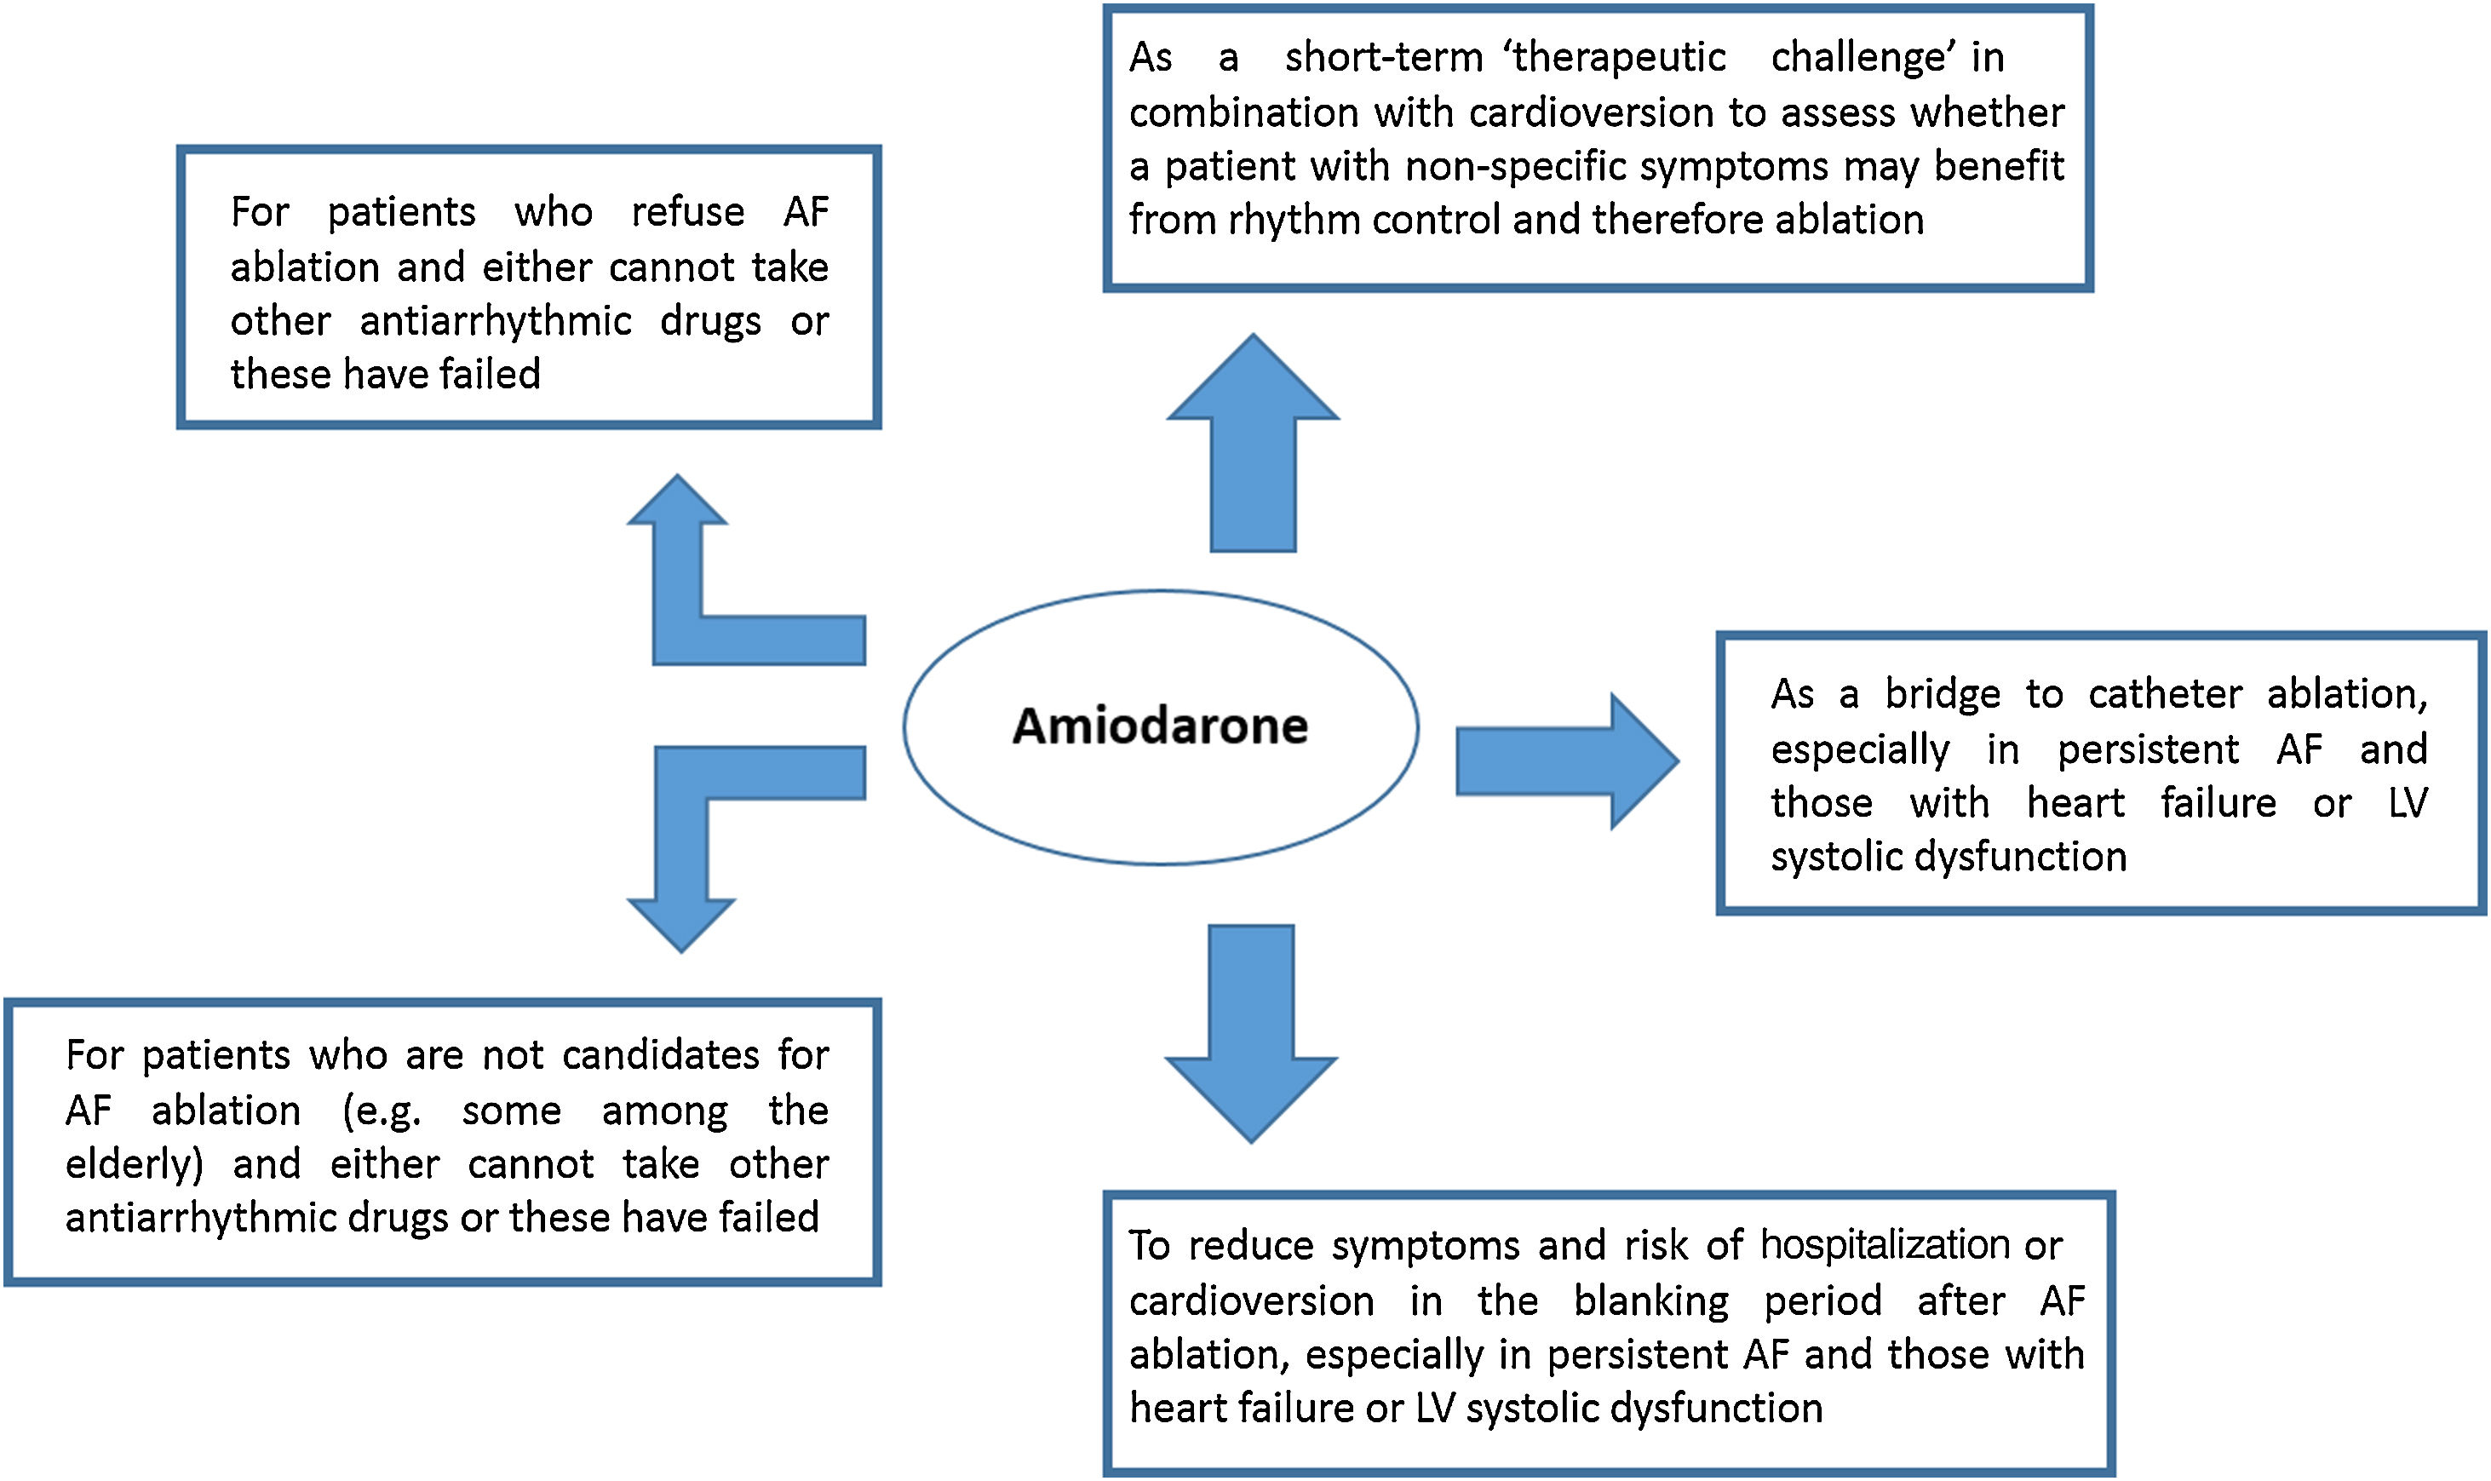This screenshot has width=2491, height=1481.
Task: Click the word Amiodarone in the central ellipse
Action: pyautogui.click(x=1160, y=726)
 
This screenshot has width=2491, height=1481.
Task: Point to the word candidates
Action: pyautogui.click(x=661, y=1056)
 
